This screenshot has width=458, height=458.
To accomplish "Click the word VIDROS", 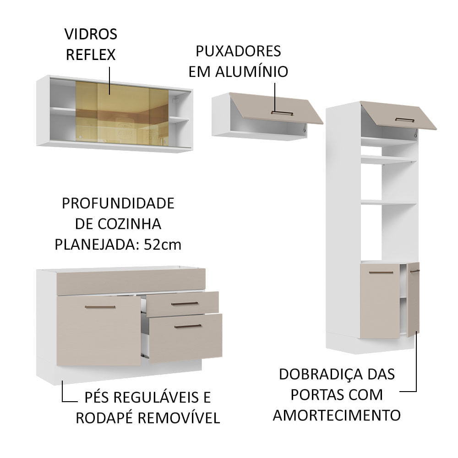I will [x=91, y=34].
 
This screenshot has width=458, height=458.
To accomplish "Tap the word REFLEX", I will [x=91, y=55].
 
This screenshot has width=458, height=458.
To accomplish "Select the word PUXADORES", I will [x=238, y=51].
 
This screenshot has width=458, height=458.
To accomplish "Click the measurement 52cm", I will [x=163, y=245].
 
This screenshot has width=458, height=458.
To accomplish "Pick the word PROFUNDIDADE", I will [x=118, y=203].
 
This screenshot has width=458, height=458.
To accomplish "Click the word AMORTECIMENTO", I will [x=337, y=415].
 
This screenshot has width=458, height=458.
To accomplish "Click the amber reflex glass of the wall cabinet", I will [x=121, y=114].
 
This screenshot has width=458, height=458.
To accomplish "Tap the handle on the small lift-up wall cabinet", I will [x=282, y=113].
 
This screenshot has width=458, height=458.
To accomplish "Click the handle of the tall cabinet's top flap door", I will [x=404, y=120].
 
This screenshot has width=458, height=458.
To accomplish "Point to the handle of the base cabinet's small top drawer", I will [x=185, y=303].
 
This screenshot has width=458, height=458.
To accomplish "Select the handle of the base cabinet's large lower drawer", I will [x=188, y=327].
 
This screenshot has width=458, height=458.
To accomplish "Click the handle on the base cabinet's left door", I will [x=100, y=307].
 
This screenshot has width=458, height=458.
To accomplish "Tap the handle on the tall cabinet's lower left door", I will [x=381, y=273].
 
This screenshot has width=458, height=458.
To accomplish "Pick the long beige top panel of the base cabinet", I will [x=131, y=281].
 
